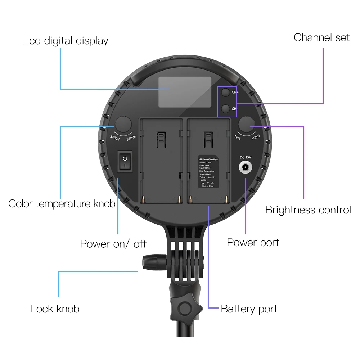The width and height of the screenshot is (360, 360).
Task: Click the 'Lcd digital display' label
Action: coord(66,41)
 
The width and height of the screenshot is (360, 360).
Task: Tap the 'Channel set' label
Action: coord(321,37)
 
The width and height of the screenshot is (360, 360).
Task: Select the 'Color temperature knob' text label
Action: coord(62,203)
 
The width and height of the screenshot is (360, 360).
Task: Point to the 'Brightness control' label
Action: coord(308,210)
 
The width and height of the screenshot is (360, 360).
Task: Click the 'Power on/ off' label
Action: coord(113,244)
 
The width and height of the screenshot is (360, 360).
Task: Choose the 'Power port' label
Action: coord(253,242)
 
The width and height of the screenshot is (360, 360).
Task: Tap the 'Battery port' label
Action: coord(249,309)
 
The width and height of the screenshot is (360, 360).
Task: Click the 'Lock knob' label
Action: coord(55,309)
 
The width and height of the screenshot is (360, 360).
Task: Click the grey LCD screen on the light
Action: coord(185,92)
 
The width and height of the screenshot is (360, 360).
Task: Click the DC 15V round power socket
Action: coord(246,167)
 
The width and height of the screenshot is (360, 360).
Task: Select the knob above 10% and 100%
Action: coord(246,124)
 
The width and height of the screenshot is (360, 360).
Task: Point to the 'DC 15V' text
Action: coord(246,157)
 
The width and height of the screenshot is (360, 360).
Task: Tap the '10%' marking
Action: coord(238,138)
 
